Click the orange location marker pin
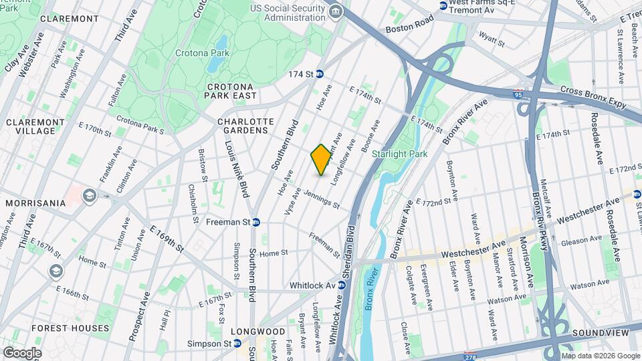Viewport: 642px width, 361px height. [321, 160]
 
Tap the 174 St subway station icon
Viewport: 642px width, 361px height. [320, 74]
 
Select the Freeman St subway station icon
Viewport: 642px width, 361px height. [256, 222]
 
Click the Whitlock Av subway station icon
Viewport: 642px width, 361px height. [342, 285]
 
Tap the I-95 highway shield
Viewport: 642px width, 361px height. [520, 95]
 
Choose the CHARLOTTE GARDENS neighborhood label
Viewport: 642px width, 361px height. [246, 126]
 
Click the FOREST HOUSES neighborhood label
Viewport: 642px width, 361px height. [70, 328]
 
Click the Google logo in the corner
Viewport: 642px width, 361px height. [22, 352]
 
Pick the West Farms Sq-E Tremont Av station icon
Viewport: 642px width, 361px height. [443, 5]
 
